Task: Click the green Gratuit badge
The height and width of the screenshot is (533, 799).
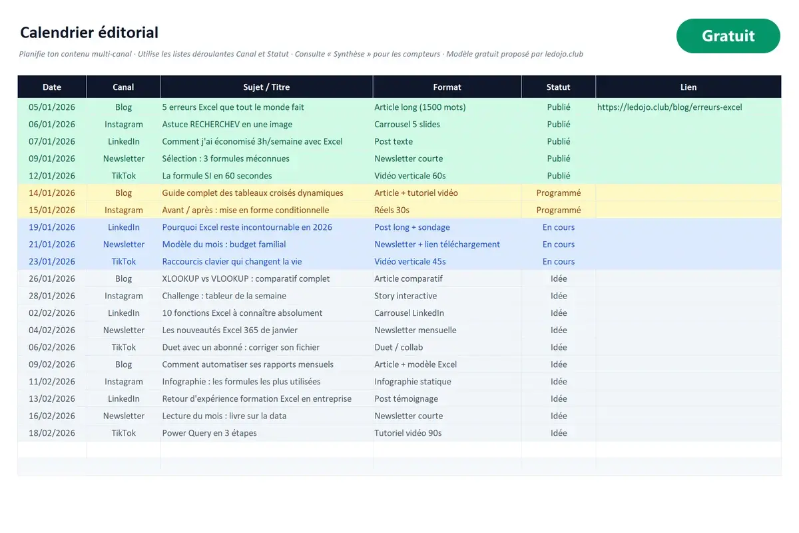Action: click(x=728, y=36)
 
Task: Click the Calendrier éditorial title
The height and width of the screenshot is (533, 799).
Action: click(x=89, y=33)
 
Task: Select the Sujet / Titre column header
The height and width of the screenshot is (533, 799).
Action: click(x=266, y=87)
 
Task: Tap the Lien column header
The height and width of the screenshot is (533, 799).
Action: click(x=688, y=87)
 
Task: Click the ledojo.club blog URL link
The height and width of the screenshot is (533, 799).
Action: click(x=670, y=107)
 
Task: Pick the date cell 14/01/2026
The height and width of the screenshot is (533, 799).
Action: click(x=52, y=193)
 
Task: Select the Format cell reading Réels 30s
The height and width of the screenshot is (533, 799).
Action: click(x=392, y=210)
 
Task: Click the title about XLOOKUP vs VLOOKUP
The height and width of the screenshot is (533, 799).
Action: click(x=246, y=278)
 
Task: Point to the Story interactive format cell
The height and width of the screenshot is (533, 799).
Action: click(x=405, y=296)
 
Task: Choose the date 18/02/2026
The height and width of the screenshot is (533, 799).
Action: click(x=52, y=432)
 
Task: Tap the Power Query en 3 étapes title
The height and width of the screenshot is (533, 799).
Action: click(x=209, y=433)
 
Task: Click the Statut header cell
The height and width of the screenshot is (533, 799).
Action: click(x=558, y=87)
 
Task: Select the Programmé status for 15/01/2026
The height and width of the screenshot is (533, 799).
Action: click(x=559, y=210)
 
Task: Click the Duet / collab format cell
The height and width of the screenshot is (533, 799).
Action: click(x=398, y=347)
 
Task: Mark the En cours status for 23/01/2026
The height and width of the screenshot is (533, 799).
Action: click(x=559, y=261)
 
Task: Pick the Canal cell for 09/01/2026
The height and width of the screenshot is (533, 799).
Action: click(x=124, y=159)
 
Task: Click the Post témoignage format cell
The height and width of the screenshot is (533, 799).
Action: click(x=406, y=399)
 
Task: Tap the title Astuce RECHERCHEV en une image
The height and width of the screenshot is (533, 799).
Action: click(x=227, y=124)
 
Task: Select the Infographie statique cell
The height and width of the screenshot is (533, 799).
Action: click(x=413, y=382)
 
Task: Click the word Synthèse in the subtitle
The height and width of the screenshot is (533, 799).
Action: click(x=349, y=54)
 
